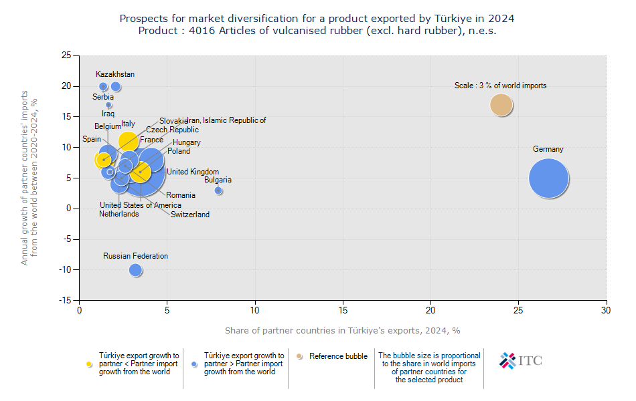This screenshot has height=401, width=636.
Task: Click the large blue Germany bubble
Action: (x=548, y=178)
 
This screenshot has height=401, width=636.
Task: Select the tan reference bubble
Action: (x=501, y=105)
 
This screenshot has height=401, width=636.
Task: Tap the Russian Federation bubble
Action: (x=136, y=270)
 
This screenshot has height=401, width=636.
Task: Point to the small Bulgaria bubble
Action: (x=218, y=191)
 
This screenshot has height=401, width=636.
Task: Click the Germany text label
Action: (x=548, y=149)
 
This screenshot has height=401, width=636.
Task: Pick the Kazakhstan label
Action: (x=115, y=74)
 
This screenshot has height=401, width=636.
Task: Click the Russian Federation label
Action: (x=135, y=256)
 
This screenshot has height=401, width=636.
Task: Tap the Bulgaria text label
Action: (x=218, y=180)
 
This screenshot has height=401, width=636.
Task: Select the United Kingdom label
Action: (x=193, y=172)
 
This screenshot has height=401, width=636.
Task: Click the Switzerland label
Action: (x=190, y=215)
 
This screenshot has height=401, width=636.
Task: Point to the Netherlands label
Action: (x=119, y=214)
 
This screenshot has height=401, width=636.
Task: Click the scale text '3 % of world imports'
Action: (x=500, y=86)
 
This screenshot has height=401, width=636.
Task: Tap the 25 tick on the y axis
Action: (x=66, y=55)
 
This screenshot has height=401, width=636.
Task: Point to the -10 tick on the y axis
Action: (x=64, y=270)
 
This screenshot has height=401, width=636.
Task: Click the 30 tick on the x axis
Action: (x=607, y=310)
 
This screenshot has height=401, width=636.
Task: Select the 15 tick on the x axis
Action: (x=343, y=310)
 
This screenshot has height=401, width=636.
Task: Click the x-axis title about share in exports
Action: (x=342, y=330)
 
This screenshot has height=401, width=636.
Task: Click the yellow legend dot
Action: (x=89, y=364)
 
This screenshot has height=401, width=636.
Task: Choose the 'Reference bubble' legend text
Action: (x=338, y=356)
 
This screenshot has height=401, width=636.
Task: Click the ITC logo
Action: (x=521, y=360)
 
